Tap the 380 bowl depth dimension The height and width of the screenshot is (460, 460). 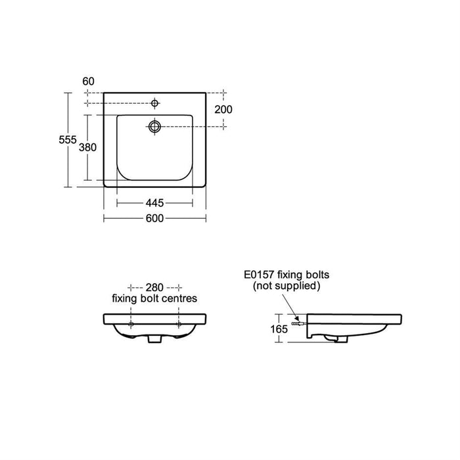pyautogui.click(x=88, y=147)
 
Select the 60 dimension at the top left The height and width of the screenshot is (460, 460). pyautogui.click(x=89, y=81)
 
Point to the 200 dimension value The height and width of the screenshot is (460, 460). pyautogui.click(x=223, y=109)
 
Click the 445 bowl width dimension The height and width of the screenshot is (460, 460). pyautogui.click(x=154, y=202)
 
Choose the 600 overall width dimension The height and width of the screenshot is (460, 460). pyautogui.click(x=154, y=218)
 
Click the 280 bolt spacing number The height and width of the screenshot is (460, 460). pyautogui.click(x=154, y=288)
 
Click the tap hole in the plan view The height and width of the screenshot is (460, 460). pyautogui.click(x=155, y=103)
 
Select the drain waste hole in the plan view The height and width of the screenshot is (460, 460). pyautogui.click(x=155, y=126)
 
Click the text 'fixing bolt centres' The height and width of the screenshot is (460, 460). pyautogui.click(x=154, y=298)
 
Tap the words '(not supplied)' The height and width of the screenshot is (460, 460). pyautogui.click(x=287, y=286)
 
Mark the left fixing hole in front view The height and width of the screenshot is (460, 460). pyautogui.click(x=131, y=325)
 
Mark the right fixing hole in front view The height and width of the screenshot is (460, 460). pyautogui.click(x=178, y=325)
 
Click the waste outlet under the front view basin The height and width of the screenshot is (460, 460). pyautogui.click(x=155, y=339)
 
